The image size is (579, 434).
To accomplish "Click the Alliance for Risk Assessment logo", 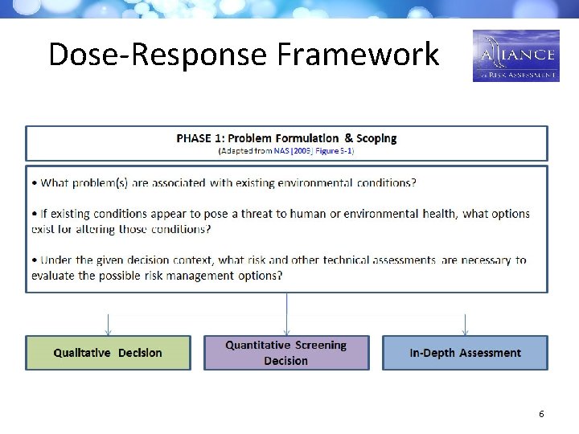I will coord(515,55).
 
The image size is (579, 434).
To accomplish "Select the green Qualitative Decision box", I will coord(108,353).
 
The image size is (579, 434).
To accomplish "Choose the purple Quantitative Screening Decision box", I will coord(286,353).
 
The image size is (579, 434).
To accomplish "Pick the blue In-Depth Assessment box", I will coord(465,353).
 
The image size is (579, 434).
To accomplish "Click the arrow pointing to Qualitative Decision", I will coord(108,324).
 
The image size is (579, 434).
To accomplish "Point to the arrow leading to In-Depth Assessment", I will coord(465,324).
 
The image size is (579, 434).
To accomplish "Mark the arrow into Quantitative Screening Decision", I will coord(286,313).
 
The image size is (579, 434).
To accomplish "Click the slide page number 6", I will coord(541,414).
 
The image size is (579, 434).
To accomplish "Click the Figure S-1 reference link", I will coord(334,150).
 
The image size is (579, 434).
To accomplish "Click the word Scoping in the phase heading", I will coord(371,138).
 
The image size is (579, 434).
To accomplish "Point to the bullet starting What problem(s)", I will coord(35,183).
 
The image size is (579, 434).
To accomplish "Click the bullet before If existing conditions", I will coord(35,214).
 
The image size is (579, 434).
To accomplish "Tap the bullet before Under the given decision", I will coord(35,260).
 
